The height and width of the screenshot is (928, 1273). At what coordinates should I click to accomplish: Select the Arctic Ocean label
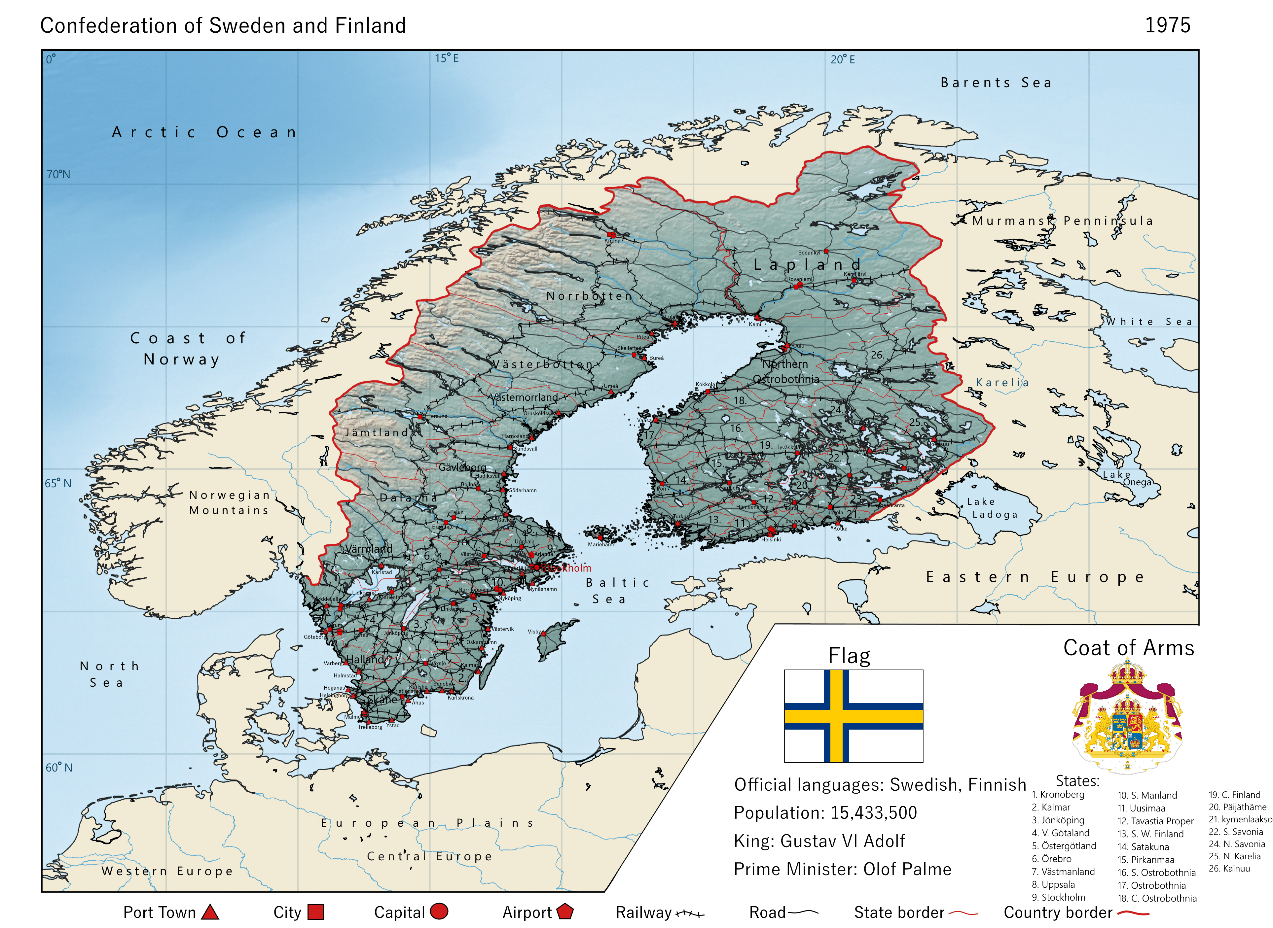click(204, 133)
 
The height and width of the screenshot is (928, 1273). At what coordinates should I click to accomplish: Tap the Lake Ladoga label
click(992, 508)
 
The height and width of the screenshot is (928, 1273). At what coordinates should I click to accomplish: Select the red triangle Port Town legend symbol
click(210, 912)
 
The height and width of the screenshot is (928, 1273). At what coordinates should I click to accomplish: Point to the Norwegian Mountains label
click(229, 503)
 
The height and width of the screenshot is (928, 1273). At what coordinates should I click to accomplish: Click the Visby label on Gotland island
click(533, 632)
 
